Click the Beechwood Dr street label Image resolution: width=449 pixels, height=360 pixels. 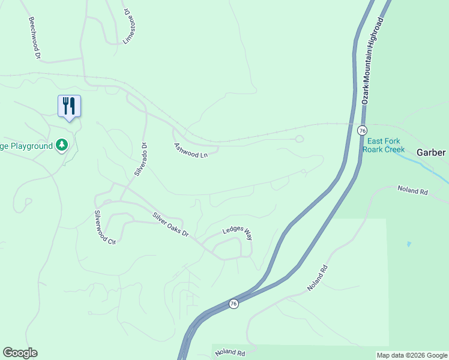pos(34,38)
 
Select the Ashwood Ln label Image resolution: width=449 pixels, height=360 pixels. pos(190,151)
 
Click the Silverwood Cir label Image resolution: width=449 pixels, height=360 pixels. pos(103,227)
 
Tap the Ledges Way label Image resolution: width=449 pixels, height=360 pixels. pos(238,233)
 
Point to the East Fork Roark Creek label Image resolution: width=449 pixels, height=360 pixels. pos(384,145)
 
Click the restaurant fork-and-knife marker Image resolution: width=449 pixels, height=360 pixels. pos(69,106)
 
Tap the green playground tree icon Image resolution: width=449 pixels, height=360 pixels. pos(61,145)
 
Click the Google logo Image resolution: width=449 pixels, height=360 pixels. pos(20,353)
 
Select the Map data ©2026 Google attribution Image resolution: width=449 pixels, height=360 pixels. pos(412,355)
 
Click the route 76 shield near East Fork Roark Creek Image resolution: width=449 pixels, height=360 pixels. pos(361,130)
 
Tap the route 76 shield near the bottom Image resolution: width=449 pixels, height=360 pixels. pos(234,304)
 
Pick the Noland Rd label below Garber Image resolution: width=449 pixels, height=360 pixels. pos(412,190)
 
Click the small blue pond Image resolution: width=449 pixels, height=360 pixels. pos(409,244)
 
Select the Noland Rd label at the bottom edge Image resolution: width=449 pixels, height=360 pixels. pos(231,353)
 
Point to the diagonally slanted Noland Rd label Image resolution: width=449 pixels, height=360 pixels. pos(319,278)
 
